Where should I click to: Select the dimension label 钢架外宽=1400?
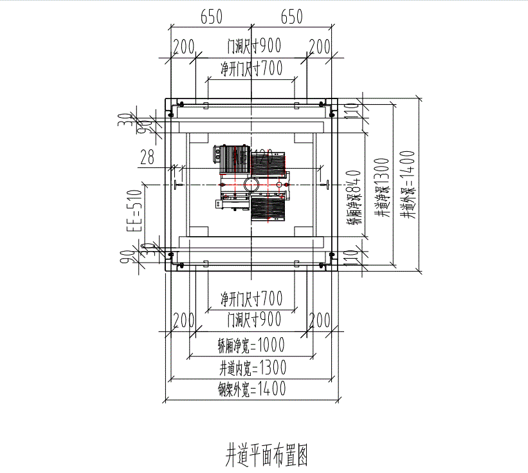[251, 388]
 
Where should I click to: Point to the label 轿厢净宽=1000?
[251, 346]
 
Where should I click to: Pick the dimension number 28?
[147, 156]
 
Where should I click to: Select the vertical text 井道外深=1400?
[409, 184]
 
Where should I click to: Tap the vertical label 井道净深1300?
[384, 187]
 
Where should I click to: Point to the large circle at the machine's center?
[251, 185]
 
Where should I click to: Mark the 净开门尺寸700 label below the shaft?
[251, 298]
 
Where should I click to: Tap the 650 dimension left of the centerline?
[212, 17]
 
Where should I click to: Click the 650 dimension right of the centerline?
[291, 17]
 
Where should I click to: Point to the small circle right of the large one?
[278, 185]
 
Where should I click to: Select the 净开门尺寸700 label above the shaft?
[251, 66]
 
